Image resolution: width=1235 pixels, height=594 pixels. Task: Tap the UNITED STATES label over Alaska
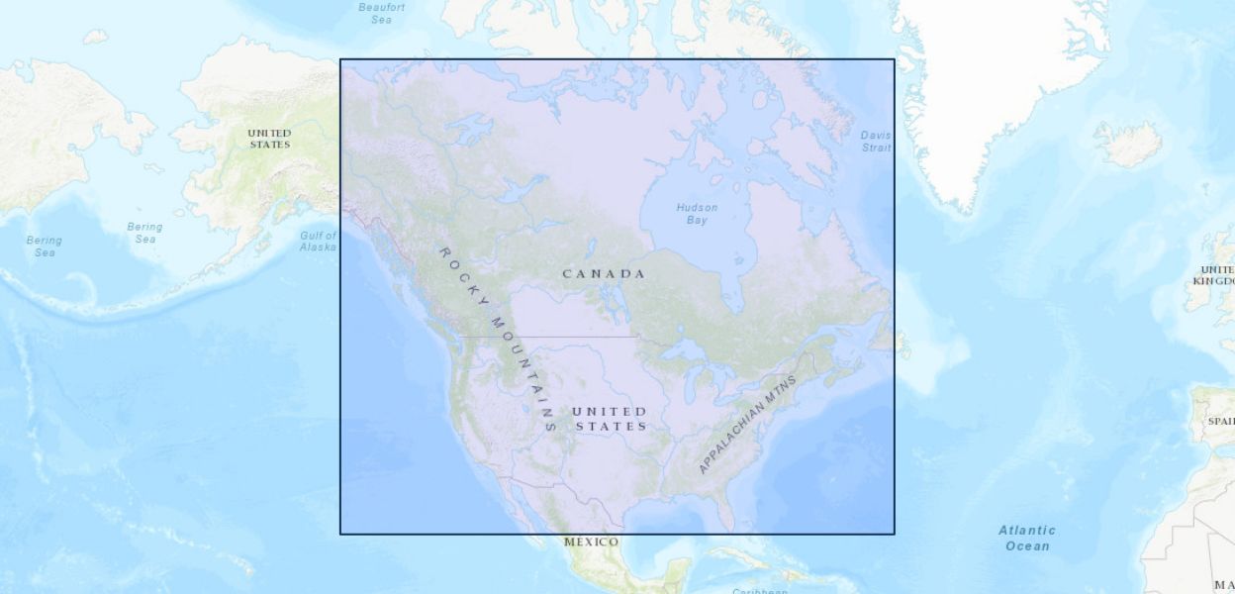click(269, 139)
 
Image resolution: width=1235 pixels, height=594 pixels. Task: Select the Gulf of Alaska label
click(318, 241)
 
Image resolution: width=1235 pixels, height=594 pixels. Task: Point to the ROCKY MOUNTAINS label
click(495, 337)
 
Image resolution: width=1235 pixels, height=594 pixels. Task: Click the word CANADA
click(604, 273)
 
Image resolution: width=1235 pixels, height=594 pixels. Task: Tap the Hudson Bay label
click(697, 213)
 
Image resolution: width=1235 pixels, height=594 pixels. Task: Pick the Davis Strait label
click(875, 142)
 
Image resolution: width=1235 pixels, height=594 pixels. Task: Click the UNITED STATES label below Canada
click(611, 419)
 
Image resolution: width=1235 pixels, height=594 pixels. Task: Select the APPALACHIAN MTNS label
click(746, 424)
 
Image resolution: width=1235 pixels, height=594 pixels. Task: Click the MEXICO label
click(591, 542)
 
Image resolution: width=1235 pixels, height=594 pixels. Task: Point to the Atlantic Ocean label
click(1026, 538)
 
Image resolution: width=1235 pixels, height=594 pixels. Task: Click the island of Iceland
click(1128, 145)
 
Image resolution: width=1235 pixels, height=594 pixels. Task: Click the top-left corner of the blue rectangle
click(340, 59)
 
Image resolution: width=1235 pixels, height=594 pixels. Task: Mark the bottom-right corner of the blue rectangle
click(894, 534)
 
